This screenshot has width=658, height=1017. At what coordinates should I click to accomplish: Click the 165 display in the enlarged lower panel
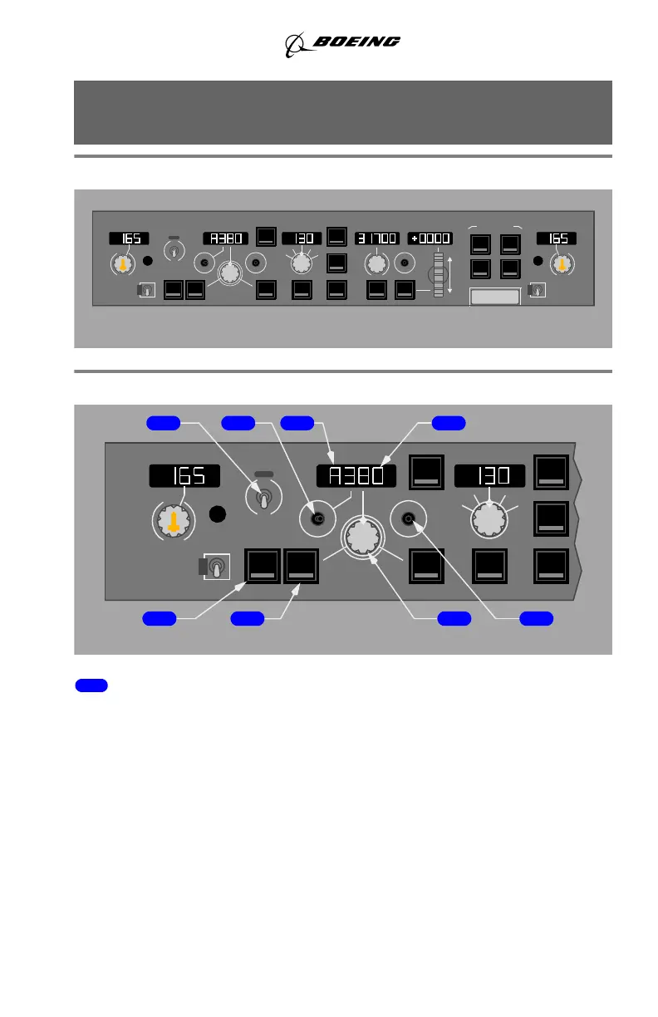184,476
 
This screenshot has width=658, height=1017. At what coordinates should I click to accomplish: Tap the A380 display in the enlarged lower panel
356,476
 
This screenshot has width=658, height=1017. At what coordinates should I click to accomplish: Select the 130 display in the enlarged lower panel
489,476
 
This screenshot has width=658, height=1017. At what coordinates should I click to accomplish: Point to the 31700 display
377,238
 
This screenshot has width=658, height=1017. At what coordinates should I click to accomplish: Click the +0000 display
430,238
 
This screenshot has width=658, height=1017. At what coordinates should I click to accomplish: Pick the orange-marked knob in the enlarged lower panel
173,521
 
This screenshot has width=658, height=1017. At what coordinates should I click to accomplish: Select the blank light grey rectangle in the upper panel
495,297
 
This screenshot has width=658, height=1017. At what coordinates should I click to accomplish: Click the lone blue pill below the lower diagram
91,685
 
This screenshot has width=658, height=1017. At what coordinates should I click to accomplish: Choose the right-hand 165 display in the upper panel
556,238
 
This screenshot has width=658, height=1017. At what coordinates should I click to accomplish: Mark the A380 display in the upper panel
225,238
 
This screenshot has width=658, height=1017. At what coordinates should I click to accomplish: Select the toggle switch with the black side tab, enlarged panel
214,567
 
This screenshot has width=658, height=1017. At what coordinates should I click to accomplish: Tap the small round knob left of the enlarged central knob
317,519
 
